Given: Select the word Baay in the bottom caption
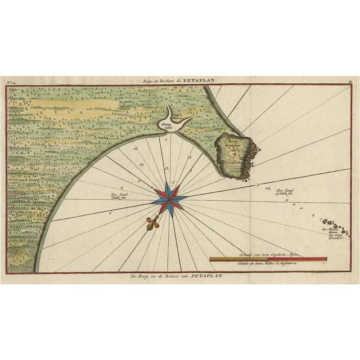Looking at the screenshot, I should [x=146, y=277].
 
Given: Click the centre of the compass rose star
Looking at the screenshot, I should [x=168, y=199].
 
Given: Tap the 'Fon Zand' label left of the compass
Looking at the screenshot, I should [x=118, y=195].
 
